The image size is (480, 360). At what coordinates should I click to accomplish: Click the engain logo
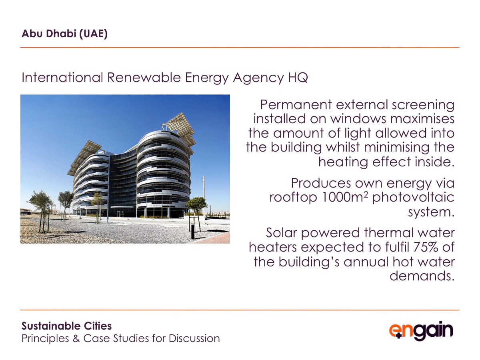[421, 331]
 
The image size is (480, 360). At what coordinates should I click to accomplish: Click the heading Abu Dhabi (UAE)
[64, 34]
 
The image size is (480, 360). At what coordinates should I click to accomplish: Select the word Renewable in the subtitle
[144, 77]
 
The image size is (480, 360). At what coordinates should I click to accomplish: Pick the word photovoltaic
[413, 197]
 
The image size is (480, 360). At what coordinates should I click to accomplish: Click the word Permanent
[296, 105]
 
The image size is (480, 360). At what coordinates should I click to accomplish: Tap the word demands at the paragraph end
[420, 276]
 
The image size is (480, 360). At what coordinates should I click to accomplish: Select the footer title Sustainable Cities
[66, 326]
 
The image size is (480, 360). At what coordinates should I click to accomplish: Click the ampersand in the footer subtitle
[76, 338]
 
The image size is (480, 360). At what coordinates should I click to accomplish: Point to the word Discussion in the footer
[194, 338]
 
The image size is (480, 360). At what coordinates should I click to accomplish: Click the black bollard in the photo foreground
[193, 231]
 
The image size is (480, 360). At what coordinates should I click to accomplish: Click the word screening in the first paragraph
[423, 105]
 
